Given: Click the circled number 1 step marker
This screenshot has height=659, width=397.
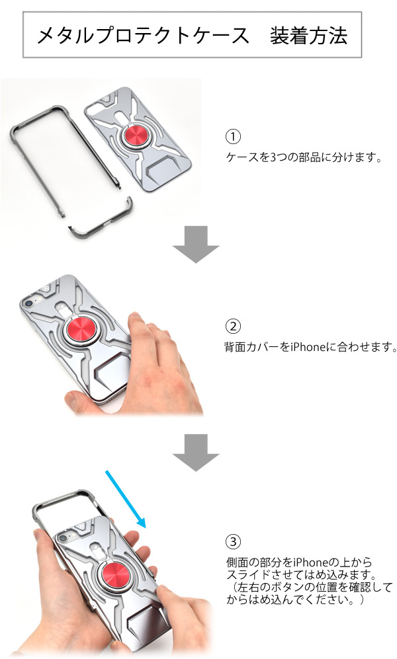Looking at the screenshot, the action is pos(233,137).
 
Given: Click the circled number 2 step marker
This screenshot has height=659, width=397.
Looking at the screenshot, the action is pos(233,327).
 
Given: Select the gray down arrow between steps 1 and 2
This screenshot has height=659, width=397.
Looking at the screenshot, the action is pos(196,244).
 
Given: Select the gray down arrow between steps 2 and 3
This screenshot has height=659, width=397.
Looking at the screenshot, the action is pos(196,452).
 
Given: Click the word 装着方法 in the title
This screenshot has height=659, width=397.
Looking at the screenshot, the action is pos(309,35).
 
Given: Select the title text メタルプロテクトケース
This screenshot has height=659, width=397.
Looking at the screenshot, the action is pos(143,35).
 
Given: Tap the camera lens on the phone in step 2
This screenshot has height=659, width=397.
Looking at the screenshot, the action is pos(28,303).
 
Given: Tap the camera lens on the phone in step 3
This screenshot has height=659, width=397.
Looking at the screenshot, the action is pos(63,538).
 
